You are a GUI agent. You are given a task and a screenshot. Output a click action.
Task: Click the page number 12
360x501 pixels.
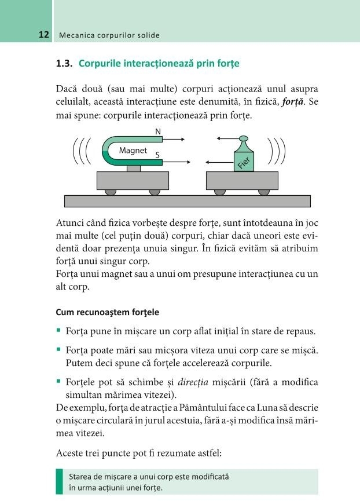click(44, 35)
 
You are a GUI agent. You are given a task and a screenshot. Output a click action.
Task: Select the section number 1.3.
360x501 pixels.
click(64, 63)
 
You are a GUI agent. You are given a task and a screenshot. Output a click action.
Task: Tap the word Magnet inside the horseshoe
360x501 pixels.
click(133, 150)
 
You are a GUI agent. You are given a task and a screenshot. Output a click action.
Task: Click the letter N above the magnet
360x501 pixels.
click(158, 131)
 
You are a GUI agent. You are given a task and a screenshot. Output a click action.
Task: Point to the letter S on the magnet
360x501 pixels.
click(157, 155)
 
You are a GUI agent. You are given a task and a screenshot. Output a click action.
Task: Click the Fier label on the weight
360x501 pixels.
click(244, 163)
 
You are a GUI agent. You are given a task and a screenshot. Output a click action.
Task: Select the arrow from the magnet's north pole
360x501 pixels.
click(174, 140)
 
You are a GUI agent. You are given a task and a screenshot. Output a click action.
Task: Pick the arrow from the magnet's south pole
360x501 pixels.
click(177, 162)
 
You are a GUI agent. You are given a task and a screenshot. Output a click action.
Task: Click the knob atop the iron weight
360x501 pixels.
click(244, 138)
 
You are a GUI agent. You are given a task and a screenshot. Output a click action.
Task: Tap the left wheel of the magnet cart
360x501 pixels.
click(111, 192)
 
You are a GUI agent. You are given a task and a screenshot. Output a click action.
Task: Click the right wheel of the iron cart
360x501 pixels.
click(264, 192)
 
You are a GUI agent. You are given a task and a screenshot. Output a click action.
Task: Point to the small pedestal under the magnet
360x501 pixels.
click(133, 169)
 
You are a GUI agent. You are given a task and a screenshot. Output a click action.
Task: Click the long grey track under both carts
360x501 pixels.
click(188, 202)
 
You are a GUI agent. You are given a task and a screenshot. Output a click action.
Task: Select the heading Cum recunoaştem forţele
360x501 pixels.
click(107, 312)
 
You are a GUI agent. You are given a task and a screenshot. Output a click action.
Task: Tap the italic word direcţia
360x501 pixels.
click(193, 382)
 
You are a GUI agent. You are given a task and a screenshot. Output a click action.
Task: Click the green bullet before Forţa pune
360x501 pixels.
click(58, 330)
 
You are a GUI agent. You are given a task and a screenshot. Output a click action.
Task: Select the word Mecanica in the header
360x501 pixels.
click(76, 35)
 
